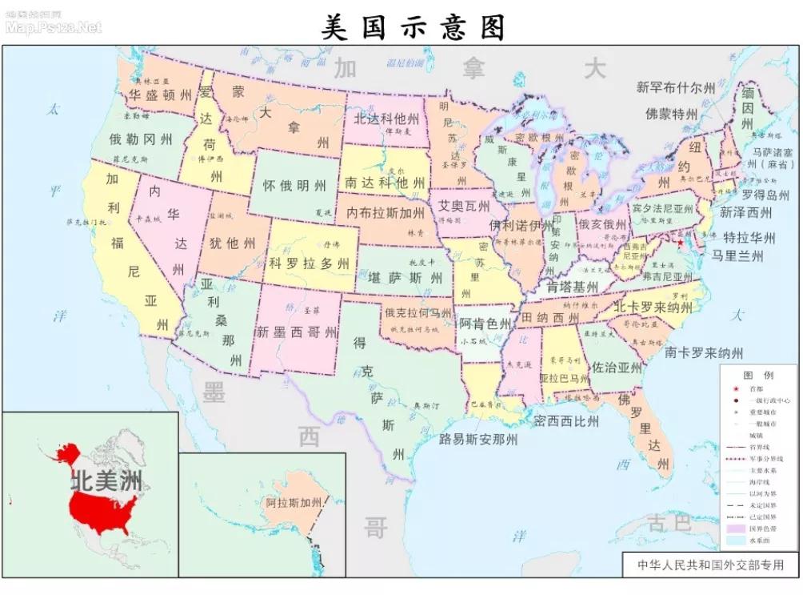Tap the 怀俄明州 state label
point(294,186)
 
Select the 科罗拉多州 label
point(309,263)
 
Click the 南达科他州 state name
point(385,183)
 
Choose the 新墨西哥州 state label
point(297,332)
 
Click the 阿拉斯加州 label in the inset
point(294,503)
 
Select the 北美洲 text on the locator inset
point(106,481)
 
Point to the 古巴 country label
point(669,524)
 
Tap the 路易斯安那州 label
point(478,439)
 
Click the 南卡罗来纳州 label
point(703,352)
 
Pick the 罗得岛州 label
point(765,195)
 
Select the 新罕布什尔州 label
point(676,88)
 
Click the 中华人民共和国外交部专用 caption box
point(711,564)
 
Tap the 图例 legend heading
point(757,375)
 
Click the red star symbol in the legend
point(735,387)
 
